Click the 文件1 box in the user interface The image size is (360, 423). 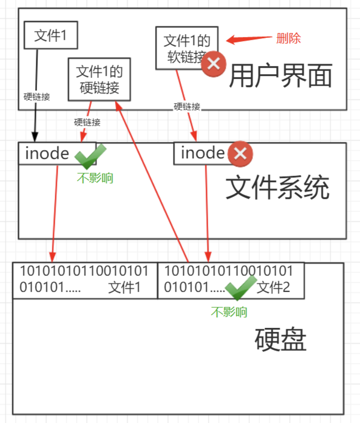(50, 35)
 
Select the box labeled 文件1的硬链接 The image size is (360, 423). (99, 79)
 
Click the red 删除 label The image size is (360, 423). (288, 39)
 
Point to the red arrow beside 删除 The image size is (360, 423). (248, 39)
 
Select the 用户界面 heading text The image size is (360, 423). (281, 76)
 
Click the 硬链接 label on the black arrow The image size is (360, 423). (37, 96)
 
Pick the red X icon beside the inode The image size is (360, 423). (240, 153)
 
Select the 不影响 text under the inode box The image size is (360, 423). (95, 178)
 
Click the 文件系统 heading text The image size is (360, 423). (277, 188)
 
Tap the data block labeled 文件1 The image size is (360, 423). (85, 281)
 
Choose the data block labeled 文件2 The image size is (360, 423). (230, 281)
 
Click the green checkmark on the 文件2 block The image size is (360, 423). (240, 287)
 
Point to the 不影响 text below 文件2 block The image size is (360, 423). (229, 312)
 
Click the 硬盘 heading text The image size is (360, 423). (280, 340)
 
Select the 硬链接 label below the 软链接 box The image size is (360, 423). (187, 107)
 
